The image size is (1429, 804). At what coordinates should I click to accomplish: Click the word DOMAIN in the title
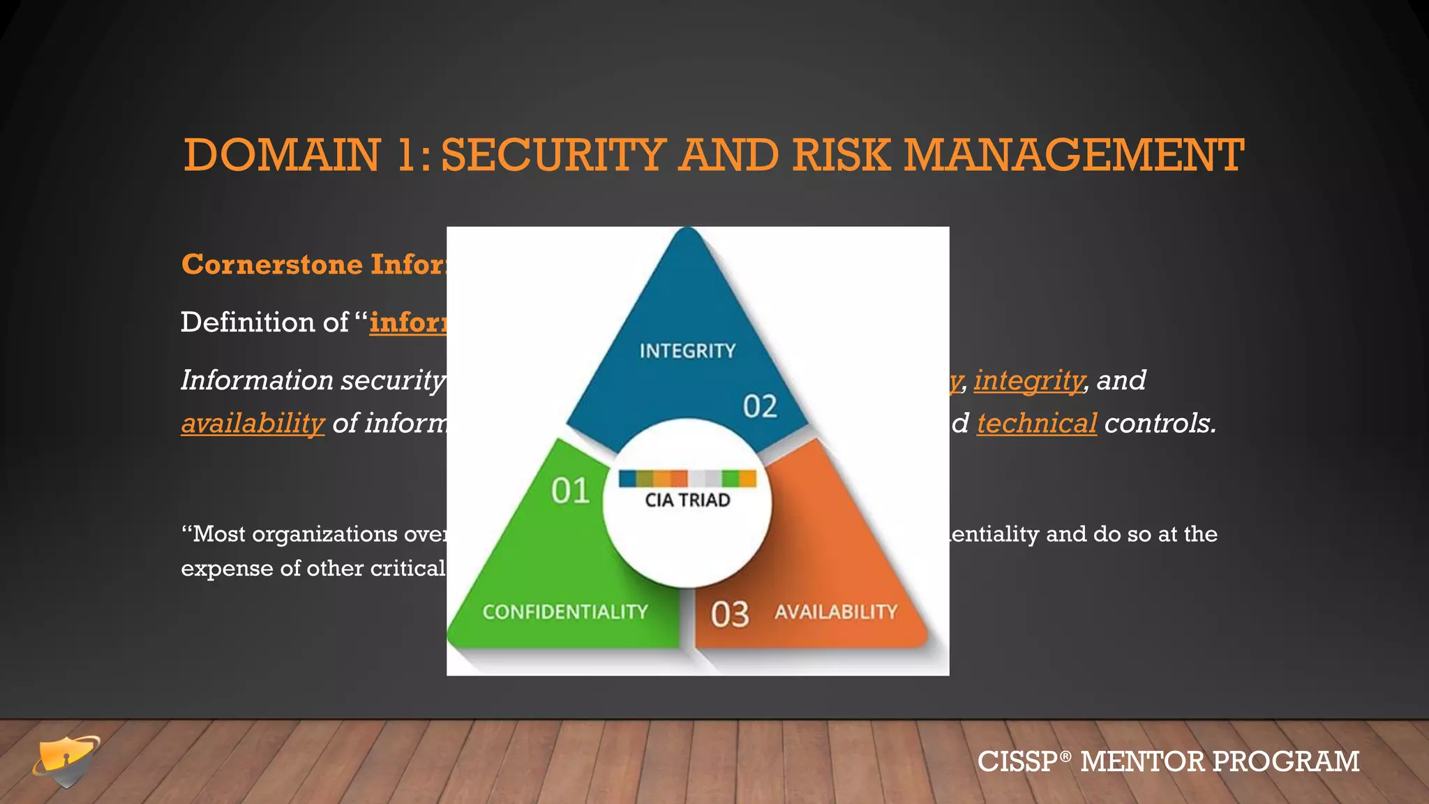(x=282, y=155)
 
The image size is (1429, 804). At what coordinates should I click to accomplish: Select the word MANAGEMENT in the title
(x=1073, y=155)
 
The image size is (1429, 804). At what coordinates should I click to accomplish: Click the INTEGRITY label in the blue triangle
(x=687, y=350)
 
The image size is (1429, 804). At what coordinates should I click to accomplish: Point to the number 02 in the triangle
(x=759, y=406)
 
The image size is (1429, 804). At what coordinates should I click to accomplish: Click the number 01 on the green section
(x=570, y=491)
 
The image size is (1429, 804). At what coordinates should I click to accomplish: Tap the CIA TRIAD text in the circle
(x=687, y=500)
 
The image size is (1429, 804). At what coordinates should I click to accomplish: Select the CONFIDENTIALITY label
(x=565, y=612)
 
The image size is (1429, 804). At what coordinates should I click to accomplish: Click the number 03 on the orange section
(x=729, y=615)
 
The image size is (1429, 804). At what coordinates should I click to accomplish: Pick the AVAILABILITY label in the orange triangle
(x=835, y=612)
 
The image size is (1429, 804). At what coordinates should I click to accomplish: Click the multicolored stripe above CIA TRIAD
(x=687, y=478)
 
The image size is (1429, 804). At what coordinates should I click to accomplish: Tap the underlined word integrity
(x=1028, y=380)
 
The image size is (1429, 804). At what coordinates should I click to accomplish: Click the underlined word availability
(x=253, y=424)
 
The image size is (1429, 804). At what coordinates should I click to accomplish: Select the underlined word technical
(x=1036, y=424)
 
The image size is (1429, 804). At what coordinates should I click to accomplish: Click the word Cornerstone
(x=272, y=265)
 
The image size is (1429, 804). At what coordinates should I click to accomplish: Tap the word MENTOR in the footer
(x=1142, y=761)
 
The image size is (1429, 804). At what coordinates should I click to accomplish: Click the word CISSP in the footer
(x=1018, y=761)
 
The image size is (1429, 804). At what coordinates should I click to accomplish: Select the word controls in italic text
(x=1160, y=424)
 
